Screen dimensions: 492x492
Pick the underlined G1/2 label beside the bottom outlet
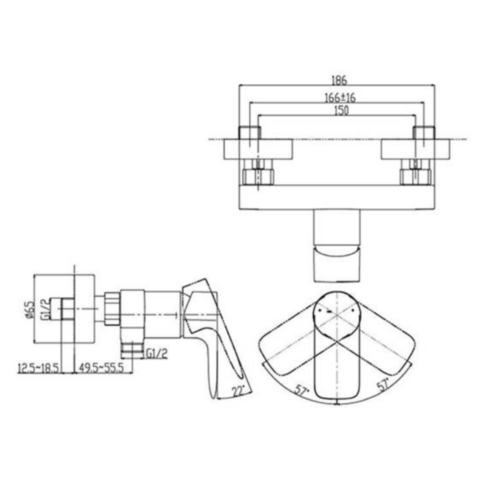point(156,354)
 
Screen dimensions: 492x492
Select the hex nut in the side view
point(112,309)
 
